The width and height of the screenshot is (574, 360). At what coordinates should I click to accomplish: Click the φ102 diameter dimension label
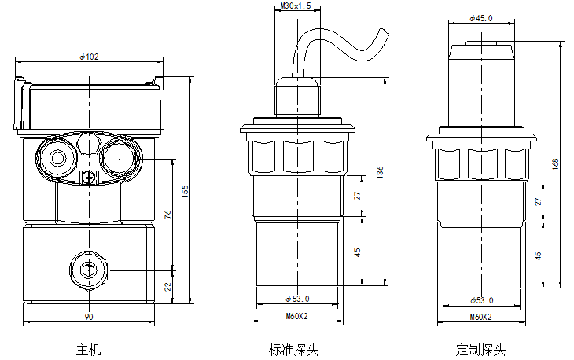tap(90, 57)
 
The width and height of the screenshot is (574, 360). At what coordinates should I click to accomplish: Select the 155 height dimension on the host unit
tap(185, 191)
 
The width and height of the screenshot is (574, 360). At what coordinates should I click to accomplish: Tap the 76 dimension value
tap(167, 214)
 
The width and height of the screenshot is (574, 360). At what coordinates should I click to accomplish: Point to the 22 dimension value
tap(167, 286)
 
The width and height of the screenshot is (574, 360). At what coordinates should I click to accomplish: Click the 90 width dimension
tap(89, 317)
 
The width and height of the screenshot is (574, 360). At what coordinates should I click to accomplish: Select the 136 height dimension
tap(380, 172)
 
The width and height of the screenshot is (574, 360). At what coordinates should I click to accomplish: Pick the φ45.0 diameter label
tap(481, 18)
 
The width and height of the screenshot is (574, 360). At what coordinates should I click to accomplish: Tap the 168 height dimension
tap(555, 164)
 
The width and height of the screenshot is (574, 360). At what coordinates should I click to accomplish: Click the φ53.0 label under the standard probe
tap(297, 299)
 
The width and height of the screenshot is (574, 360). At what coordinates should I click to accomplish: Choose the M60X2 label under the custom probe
tap(481, 317)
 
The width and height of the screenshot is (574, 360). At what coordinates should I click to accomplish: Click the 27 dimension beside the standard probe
tap(357, 196)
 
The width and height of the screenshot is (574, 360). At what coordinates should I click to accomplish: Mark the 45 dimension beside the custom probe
tap(538, 255)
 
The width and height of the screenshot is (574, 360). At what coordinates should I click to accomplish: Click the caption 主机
tap(88, 350)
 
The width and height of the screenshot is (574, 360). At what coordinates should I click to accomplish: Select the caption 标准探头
tap(293, 350)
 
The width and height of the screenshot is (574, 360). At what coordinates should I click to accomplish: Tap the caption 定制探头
tap(480, 350)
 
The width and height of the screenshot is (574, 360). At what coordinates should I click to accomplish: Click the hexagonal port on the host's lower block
tap(88, 270)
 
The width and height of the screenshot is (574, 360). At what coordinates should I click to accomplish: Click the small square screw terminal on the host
tap(89, 178)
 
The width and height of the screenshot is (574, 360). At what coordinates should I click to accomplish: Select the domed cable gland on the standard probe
tap(298, 97)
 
